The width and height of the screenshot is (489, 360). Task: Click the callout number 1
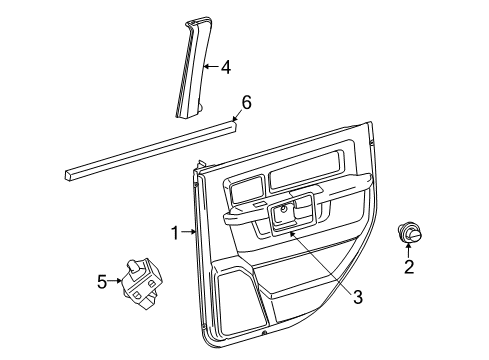tap(175, 233)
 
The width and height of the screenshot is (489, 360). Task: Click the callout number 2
tap(408, 266)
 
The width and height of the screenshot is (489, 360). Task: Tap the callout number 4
tap(225, 67)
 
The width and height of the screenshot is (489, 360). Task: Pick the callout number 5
tap(101, 282)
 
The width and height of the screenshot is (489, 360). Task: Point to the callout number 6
tap(246, 101)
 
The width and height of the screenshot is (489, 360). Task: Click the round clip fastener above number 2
tap(408, 232)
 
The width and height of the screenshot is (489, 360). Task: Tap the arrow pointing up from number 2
tap(408, 250)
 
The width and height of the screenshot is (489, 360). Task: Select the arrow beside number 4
tap(211, 67)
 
